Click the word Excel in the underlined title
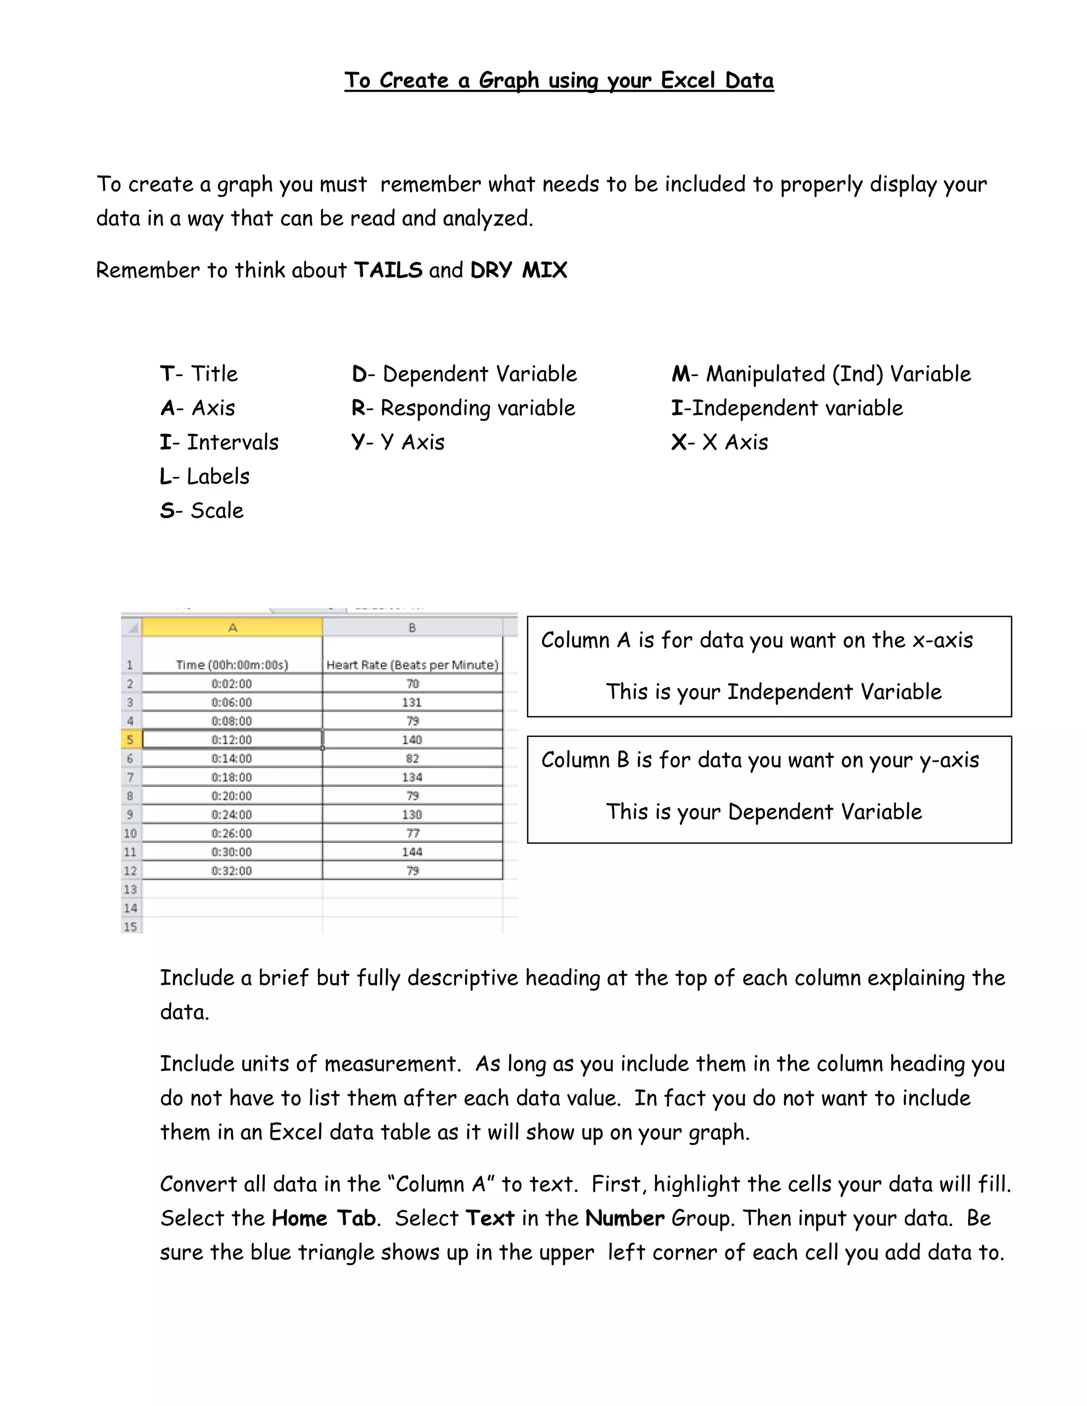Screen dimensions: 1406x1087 (x=688, y=81)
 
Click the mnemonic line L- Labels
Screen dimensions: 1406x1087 (x=205, y=476)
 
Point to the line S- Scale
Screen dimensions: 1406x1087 (x=202, y=510)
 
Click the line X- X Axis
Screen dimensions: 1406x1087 (x=719, y=442)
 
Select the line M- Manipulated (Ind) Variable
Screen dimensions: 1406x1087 (x=821, y=374)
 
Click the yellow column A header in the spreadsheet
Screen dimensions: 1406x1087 (x=232, y=627)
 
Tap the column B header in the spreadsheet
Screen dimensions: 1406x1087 (x=412, y=627)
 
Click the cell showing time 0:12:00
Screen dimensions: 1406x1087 (x=232, y=740)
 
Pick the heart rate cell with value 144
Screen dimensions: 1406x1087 (x=412, y=852)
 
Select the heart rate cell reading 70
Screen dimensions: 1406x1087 (x=412, y=684)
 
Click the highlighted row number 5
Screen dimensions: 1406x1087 (x=130, y=740)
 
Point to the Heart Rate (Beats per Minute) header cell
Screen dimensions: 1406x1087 (x=412, y=664)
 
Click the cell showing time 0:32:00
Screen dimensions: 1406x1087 (x=232, y=870)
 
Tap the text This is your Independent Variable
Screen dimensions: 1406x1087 (x=773, y=692)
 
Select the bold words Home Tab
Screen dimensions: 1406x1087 (x=323, y=1218)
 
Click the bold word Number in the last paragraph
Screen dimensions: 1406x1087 (x=624, y=1218)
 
